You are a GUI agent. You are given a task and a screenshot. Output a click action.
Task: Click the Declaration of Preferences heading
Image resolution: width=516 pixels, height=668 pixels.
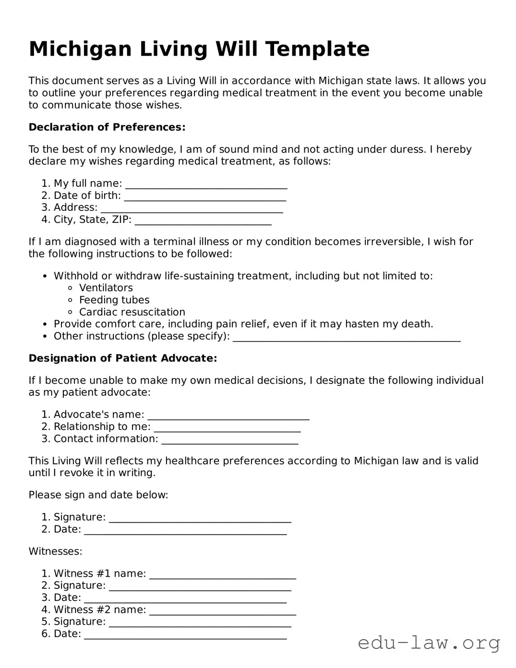pos(107,127)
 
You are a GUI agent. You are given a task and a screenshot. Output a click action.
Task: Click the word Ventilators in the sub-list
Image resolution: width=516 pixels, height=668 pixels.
pos(106,288)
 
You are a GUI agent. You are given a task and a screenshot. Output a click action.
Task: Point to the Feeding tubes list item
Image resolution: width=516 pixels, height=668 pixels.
pos(114,300)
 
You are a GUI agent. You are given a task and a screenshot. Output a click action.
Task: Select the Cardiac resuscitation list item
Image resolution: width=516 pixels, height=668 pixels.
pos(132,312)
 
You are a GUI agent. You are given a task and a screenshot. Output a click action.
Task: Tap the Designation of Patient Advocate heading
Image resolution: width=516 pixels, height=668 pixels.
pos(123,358)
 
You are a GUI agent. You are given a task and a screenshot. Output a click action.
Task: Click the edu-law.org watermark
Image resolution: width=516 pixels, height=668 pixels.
pos(429,643)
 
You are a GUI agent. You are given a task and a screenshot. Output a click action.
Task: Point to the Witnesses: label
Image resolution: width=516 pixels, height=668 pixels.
pos(55,551)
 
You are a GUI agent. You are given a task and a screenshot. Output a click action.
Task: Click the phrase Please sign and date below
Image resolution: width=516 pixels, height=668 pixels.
pos(98,495)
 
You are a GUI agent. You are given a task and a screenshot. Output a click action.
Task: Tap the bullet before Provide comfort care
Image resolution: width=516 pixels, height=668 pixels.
pos(45,324)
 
